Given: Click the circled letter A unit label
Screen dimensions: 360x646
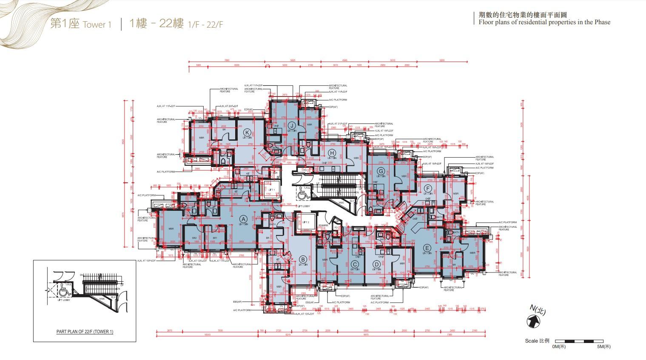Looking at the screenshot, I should tap(243, 219).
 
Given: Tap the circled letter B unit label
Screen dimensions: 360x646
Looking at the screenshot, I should tap(303, 259).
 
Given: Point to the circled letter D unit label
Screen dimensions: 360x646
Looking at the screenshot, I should tap(376, 264).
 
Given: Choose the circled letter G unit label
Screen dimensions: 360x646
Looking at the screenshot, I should tap(381, 171).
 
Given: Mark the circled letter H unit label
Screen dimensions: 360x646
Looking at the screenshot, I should tap(332, 153).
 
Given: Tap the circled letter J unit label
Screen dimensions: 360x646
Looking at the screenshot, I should tap(292, 125).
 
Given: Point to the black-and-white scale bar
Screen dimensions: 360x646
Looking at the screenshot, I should tap(579, 341).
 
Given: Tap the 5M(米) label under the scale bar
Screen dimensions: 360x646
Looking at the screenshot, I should tap(603, 347).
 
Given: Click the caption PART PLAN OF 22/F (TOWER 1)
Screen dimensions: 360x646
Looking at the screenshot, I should tap(85, 332).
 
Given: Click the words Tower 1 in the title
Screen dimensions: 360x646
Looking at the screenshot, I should tap(97, 25).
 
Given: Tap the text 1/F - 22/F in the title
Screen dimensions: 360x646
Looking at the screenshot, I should tap(205, 25).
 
